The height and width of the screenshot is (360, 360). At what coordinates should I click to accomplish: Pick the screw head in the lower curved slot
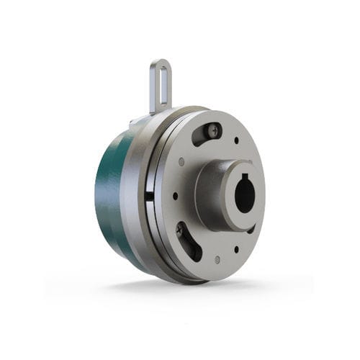click(180, 230)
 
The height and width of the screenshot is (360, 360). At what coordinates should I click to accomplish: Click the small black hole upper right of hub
click(236, 140)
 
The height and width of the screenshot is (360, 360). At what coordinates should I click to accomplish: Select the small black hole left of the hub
click(174, 195)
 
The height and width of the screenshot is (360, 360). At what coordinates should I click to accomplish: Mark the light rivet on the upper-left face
click(181, 162)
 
